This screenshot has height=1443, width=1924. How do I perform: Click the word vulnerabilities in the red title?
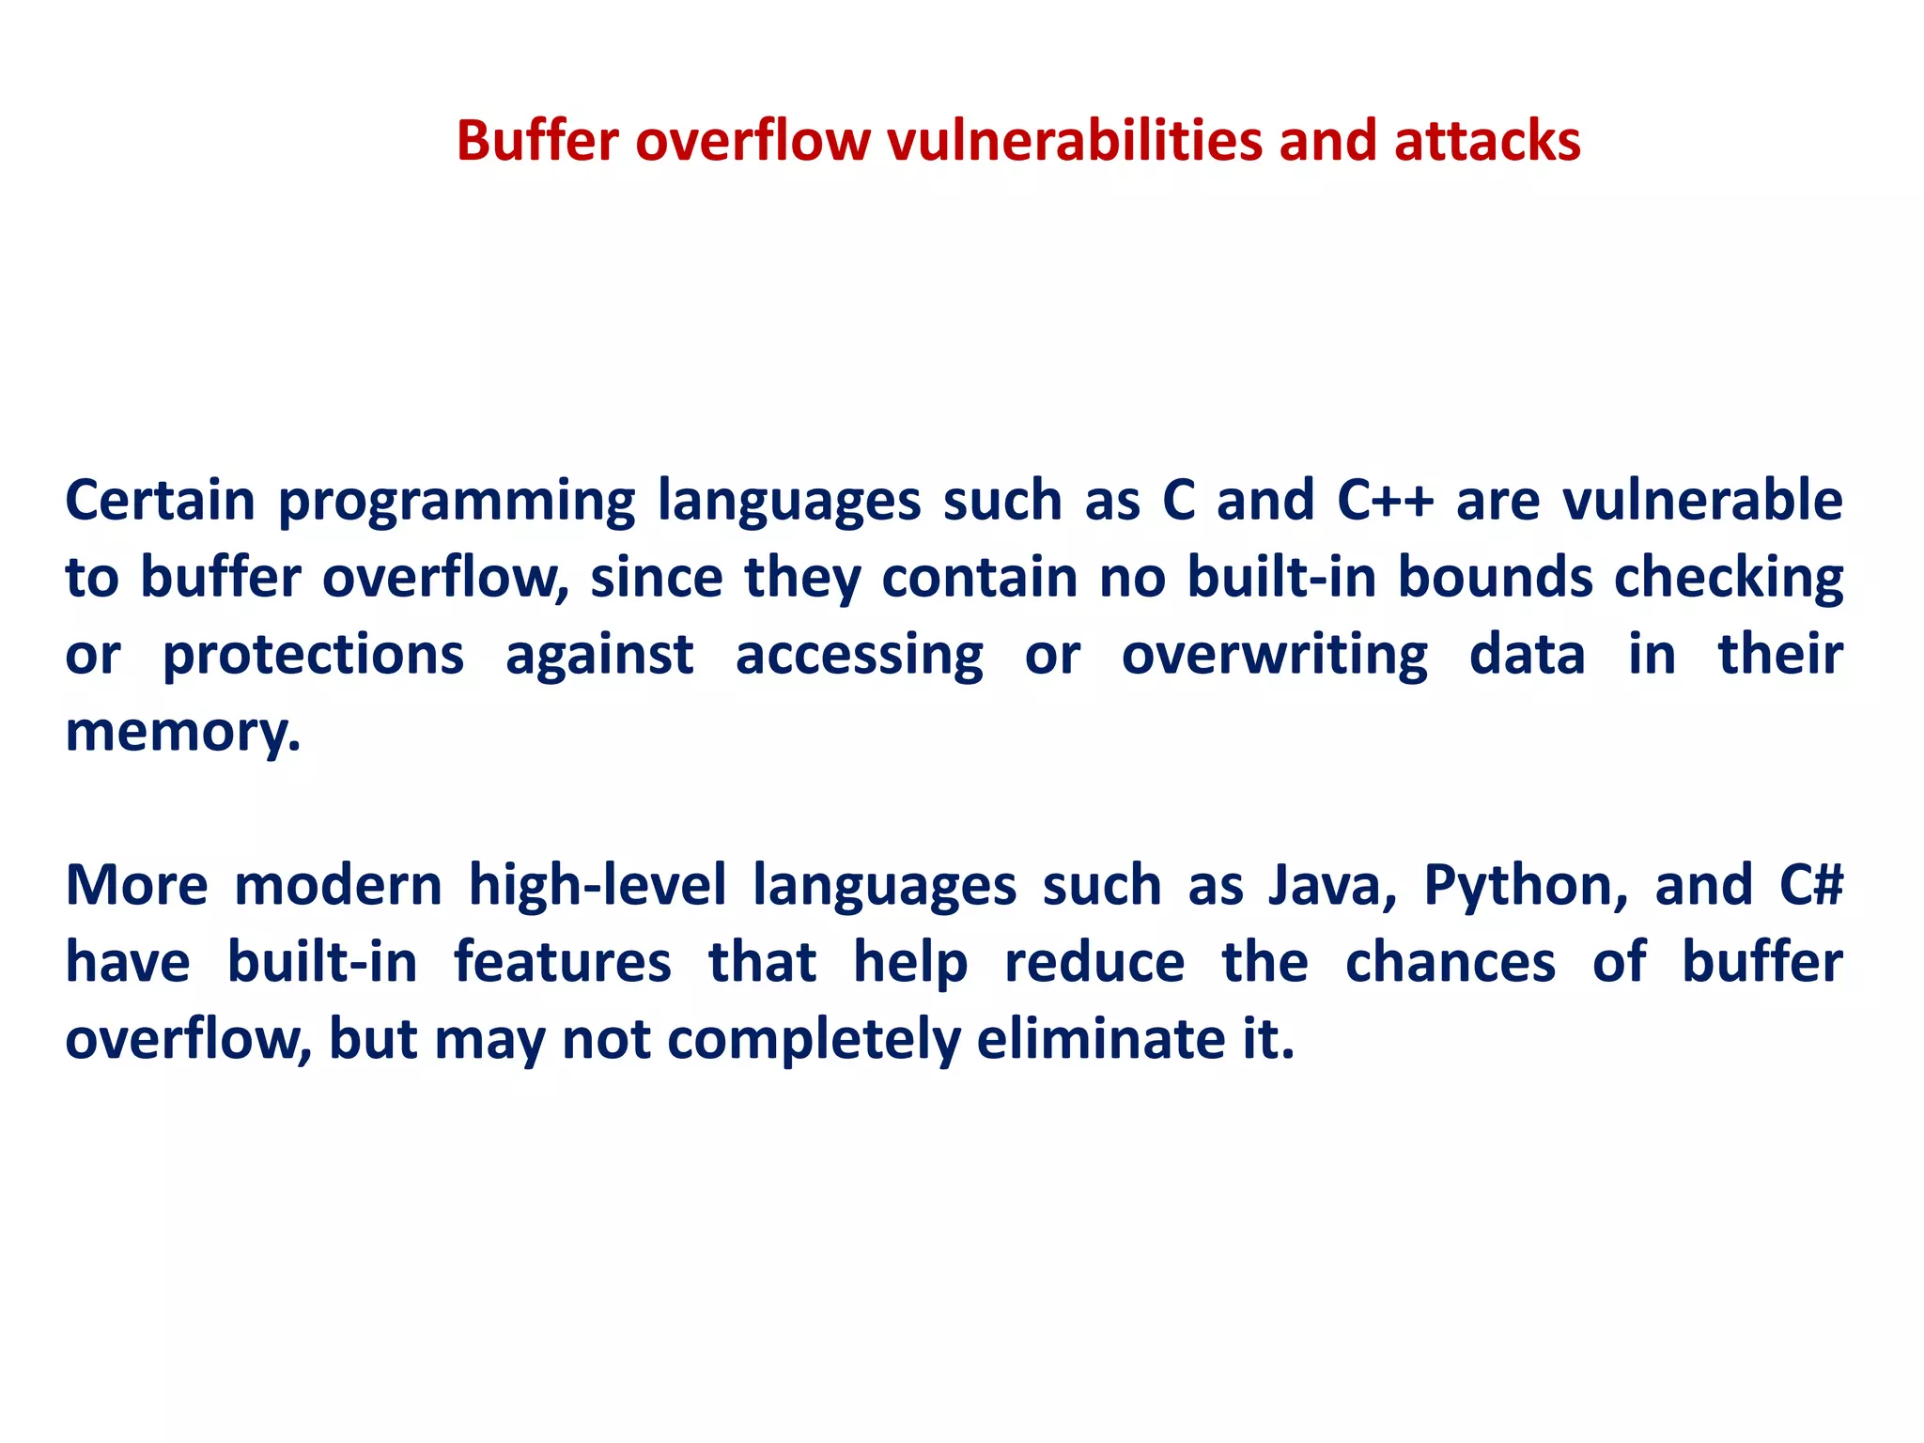point(1074,141)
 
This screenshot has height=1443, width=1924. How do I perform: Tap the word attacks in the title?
point(1487,141)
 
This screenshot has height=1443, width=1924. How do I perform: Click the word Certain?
point(160,500)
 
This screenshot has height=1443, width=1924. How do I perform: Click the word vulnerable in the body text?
point(1702,500)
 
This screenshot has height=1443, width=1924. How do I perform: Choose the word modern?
point(338,886)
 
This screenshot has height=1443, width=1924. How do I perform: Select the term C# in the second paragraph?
point(1810,886)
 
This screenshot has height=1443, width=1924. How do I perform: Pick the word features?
point(563,963)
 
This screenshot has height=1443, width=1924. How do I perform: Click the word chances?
point(1451,963)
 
